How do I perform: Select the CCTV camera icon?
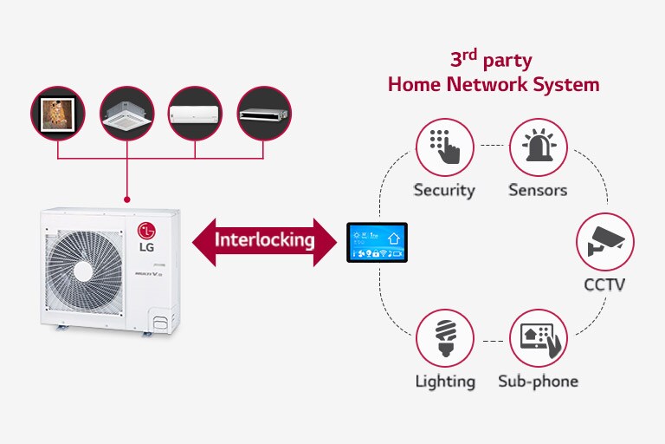[605, 242]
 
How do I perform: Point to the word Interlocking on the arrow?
[264, 239]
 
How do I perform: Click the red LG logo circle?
[147, 232]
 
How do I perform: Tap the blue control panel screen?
[376, 242]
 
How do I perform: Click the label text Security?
[444, 190]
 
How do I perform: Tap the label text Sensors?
[537, 190]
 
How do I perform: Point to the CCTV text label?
[605, 284]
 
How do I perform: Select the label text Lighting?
[444, 381]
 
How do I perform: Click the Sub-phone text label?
[538, 381]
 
